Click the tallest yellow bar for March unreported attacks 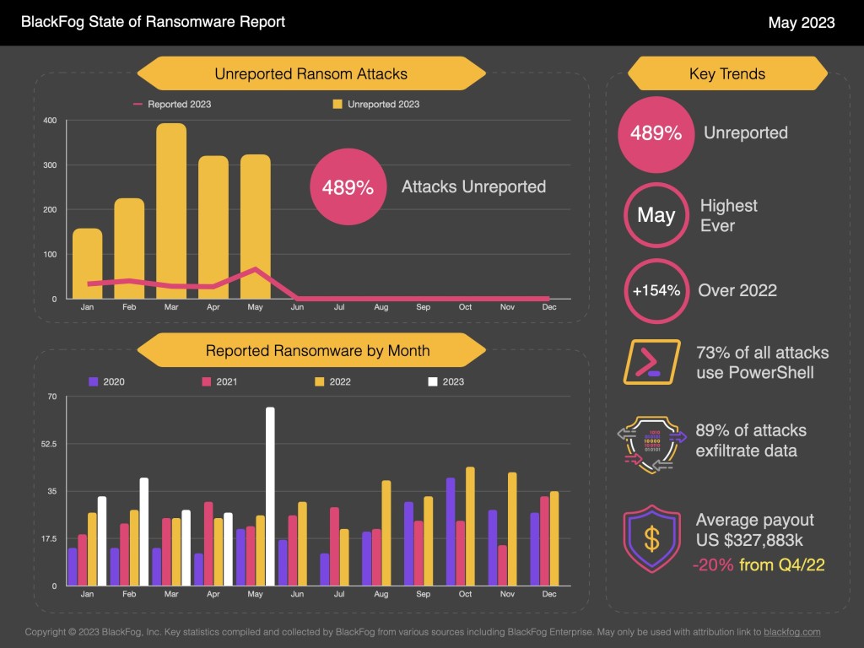click(x=171, y=211)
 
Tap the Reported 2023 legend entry click(x=172, y=105)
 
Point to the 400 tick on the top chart click(x=50, y=121)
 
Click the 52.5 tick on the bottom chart click(x=47, y=444)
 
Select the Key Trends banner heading click(x=726, y=73)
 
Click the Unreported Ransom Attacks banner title click(x=310, y=73)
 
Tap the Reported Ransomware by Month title click(x=317, y=350)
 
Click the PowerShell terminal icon click(x=651, y=362)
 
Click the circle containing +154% click(x=656, y=290)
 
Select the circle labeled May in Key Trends click(x=656, y=215)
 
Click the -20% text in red click(x=712, y=564)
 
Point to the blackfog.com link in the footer click(x=792, y=631)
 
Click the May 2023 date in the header click(x=801, y=22)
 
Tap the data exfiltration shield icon click(x=651, y=440)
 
